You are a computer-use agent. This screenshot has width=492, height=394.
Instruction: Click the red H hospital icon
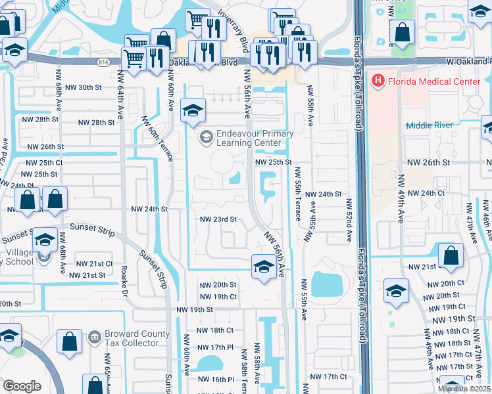pyautogui.click(x=379, y=81)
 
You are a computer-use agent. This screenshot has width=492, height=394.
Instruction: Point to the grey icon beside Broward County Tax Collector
pyautogui.click(x=94, y=337)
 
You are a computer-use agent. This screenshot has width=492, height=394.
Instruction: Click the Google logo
pyautogui.click(x=22, y=386)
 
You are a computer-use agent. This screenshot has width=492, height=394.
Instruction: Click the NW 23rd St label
pyautogui.click(x=218, y=220)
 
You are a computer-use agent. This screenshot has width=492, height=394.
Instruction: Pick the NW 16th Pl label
pyautogui.click(x=217, y=380)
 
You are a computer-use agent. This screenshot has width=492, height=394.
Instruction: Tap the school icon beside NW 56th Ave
pyautogui.click(x=263, y=267)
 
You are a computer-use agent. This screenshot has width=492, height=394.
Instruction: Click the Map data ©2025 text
pyautogui.click(x=464, y=389)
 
